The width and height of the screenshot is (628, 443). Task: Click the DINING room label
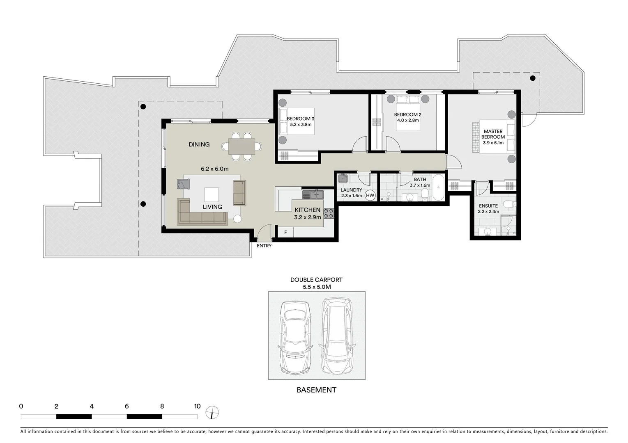pos(199,144)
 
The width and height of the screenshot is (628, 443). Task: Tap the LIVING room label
pos(212,207)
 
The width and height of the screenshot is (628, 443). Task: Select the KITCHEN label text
pos(307,210)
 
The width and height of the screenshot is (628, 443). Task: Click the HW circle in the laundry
pos(370,195)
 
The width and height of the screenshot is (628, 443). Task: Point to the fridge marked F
pos(285,233)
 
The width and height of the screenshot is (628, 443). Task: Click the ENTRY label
pos(264,246)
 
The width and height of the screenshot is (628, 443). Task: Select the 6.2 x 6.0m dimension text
pos(214,169)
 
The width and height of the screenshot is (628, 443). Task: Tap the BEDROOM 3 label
pos(300,119)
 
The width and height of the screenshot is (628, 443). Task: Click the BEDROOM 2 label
pos(407,114)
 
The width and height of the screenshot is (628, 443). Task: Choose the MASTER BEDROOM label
pos(493,134)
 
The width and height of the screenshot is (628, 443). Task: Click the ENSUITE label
pos(488,206)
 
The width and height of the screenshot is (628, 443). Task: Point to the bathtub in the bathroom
pos(438,187)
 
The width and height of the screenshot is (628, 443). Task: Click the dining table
pos(242,146)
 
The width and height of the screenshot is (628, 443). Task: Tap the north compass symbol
pos(212,412)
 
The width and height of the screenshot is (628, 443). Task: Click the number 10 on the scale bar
pos(197,406)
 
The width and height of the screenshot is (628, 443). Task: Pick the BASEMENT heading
pos(316,390)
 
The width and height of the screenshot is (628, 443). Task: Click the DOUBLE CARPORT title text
pos(316,280)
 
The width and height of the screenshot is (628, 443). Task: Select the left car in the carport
pos(295,338)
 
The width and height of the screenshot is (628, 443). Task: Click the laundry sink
pos(343,178)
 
